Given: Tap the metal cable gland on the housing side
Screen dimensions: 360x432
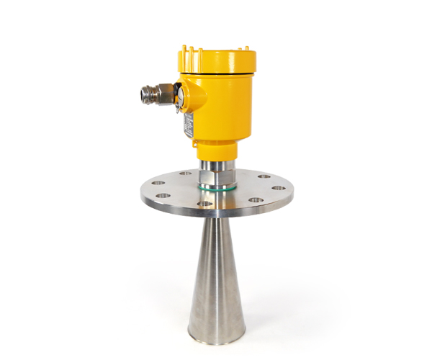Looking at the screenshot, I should tap(155, 93).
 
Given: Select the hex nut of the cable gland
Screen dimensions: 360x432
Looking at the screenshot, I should tap(164, 93).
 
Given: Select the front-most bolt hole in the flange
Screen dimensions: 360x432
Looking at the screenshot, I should tap(205, 204).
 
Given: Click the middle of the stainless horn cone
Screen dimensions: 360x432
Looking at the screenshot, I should tap(216, 274).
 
